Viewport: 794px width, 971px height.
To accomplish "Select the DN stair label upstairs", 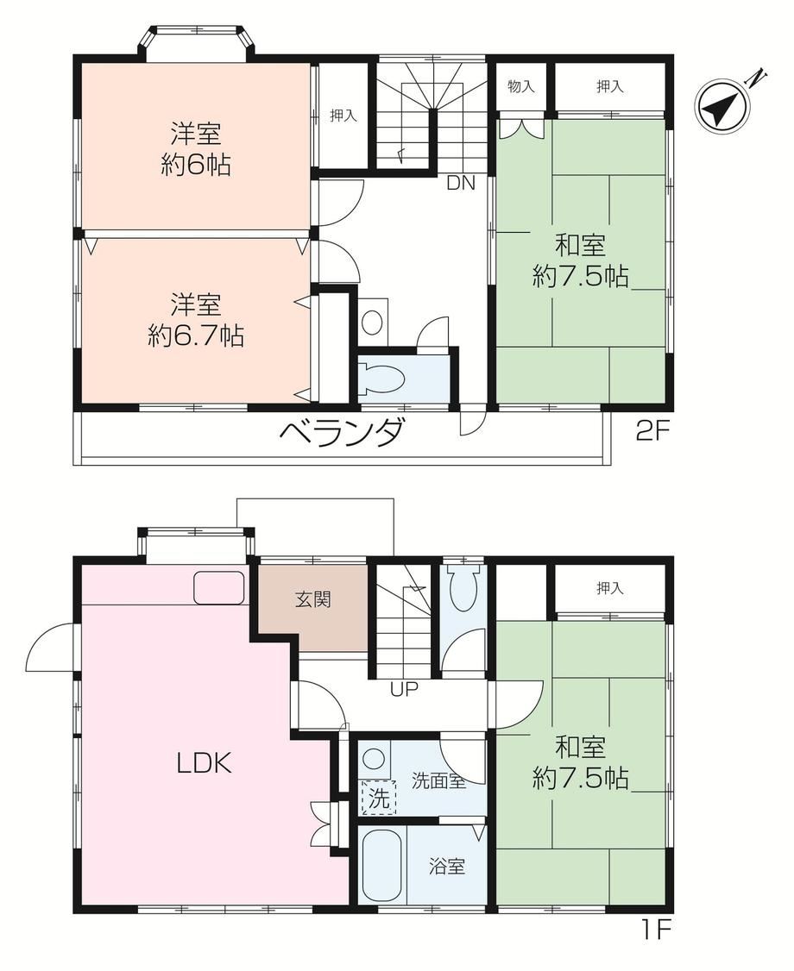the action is point(461,184).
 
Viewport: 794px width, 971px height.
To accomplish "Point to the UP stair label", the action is point(404,689).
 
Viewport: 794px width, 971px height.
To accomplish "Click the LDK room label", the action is point(205,764).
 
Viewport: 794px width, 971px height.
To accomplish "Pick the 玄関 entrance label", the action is point(313,599).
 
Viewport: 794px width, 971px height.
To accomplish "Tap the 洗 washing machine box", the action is point(379,798).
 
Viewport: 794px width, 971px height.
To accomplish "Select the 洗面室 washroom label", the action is point(438,781).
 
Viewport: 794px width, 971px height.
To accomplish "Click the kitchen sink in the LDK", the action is point(219,587).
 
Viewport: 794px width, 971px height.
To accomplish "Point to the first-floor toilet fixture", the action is point(462,587).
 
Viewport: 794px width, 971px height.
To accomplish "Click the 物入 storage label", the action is point(520,86).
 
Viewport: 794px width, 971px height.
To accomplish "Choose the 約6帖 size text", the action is point(196,166).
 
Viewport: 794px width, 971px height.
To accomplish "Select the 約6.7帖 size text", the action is point(196,335).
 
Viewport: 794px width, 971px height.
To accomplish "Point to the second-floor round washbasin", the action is point(373,322).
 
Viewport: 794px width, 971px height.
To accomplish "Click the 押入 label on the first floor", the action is point(610,587).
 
